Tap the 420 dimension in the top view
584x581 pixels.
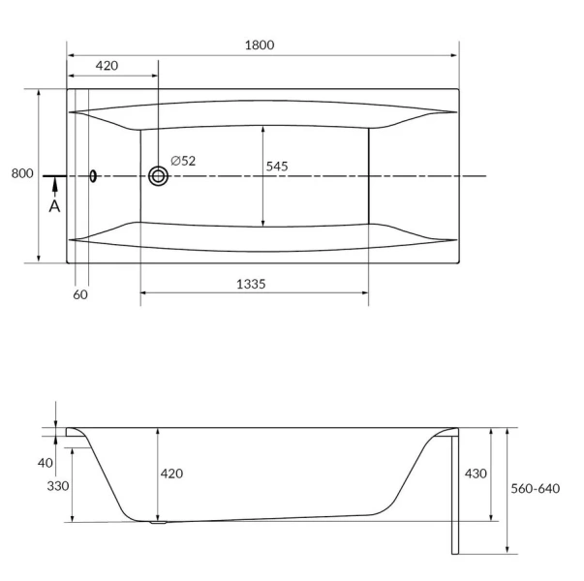click(107, 66)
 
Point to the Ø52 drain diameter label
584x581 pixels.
click(183, 161)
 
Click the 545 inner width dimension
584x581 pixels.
click(277, 167)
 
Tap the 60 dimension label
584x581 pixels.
click(80, 294)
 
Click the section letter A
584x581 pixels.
click(54, 206)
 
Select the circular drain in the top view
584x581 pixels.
click(158, 176)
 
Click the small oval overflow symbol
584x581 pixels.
click(93, 176)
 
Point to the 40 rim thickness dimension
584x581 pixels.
click(46, 462)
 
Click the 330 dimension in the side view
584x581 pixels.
click(57, 486)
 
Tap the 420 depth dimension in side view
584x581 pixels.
click(170, 474)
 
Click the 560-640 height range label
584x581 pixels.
click(536, 488)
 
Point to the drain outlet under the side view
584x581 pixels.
click(157, 524)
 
